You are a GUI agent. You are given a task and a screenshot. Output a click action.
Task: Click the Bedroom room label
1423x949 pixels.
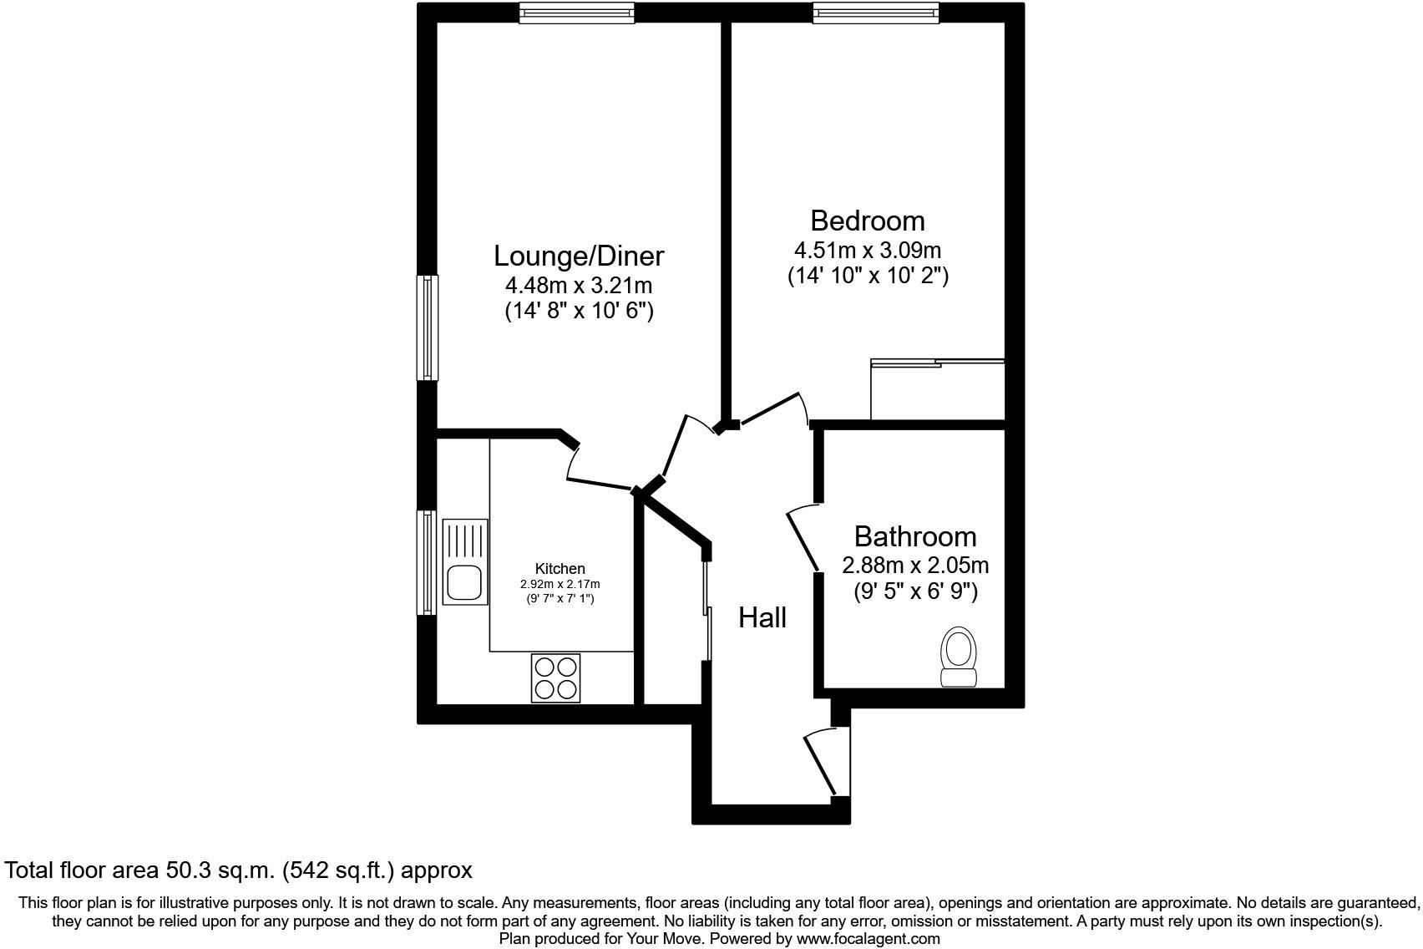868,221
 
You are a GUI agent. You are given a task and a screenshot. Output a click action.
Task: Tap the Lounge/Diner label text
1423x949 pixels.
579,256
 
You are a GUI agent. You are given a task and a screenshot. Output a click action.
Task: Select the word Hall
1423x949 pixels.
762,618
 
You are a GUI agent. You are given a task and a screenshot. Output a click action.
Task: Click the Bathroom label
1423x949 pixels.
915,536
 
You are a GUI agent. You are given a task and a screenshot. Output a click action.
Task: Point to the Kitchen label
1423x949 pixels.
560,569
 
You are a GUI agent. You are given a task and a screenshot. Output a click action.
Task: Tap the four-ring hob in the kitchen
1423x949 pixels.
556,677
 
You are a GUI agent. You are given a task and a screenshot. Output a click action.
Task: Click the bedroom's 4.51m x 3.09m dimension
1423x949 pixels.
868,250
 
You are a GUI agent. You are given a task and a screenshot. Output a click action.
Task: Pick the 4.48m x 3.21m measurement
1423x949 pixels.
579,286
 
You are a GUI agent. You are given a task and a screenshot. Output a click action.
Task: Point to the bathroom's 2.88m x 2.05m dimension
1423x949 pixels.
915,566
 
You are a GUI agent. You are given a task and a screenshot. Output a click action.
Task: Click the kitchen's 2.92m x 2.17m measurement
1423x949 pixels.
560,584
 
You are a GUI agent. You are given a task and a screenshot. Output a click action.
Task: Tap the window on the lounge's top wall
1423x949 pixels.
576,12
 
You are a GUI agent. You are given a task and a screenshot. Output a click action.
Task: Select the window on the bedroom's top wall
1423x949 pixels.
876,12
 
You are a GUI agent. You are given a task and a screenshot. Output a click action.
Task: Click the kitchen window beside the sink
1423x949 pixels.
427,562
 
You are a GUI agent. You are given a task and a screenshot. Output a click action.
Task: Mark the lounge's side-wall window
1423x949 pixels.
427,327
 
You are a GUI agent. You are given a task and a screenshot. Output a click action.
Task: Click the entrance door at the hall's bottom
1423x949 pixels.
822,762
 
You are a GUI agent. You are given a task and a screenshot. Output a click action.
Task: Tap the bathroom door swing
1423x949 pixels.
803,538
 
